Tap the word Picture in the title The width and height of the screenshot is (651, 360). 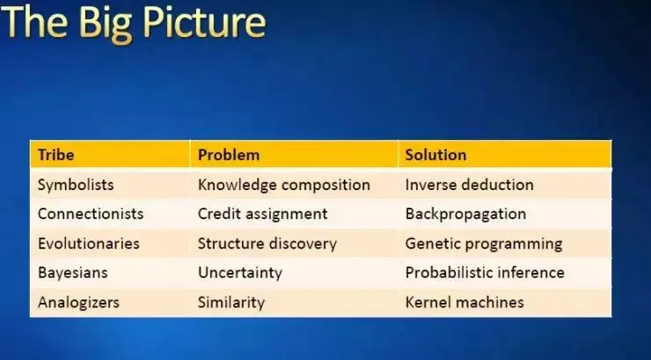click(204, 23)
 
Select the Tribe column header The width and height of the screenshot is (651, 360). click(56, 155)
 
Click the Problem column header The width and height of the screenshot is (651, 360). click(229, 155)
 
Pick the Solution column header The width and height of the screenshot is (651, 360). click(436, 155)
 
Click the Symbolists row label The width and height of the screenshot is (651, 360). click(76, 185)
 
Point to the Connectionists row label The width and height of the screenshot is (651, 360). click(91, 214)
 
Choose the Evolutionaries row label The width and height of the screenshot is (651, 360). click(89, 243)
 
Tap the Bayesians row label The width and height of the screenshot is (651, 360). click(73, 273)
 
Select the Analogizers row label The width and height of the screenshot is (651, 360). click(78, 302)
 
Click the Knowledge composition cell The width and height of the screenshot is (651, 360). click(284, 185)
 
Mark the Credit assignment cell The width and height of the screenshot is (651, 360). click(263, 214)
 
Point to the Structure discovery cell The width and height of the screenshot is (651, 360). click(267, 244)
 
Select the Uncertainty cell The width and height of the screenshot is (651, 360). click(240, 273)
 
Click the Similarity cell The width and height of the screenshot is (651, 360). click(231, 302)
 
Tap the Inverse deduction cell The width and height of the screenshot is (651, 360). click(470, 185)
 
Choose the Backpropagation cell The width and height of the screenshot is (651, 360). click(466, 214)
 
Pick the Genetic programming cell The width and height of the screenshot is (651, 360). click(484, 244)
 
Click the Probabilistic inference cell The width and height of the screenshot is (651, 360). click(485, 273)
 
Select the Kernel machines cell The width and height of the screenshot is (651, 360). click(464, 302)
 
